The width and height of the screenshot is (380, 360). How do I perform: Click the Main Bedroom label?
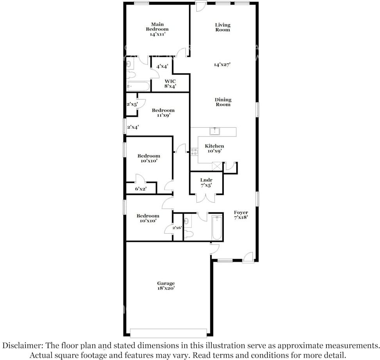[157, 29]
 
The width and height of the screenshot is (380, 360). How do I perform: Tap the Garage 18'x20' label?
[166, 286]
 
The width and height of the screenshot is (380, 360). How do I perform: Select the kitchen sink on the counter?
[215, 131]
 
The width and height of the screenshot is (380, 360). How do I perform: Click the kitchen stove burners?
[194, 152]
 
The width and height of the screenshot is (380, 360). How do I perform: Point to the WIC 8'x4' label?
[170, 83]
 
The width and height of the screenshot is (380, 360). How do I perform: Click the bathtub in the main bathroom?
[138, 86]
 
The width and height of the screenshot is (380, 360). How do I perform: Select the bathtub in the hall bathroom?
[217, 227]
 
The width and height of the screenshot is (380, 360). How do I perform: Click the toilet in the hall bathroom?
[189, 234]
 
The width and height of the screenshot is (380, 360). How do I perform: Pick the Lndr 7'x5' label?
[206, 183]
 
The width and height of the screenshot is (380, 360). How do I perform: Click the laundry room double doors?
[206, 198]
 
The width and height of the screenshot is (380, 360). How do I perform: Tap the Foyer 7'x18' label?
[241, 215]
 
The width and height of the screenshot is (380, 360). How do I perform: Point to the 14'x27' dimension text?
[222, 65]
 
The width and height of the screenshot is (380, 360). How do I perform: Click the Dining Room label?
[223, 102]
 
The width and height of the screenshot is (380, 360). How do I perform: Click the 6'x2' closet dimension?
[141, 189]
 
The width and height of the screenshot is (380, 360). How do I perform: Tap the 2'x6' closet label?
[177, 227]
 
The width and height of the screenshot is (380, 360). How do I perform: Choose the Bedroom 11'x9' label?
[163, 113]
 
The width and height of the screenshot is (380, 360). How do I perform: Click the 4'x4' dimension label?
[162, 66]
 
